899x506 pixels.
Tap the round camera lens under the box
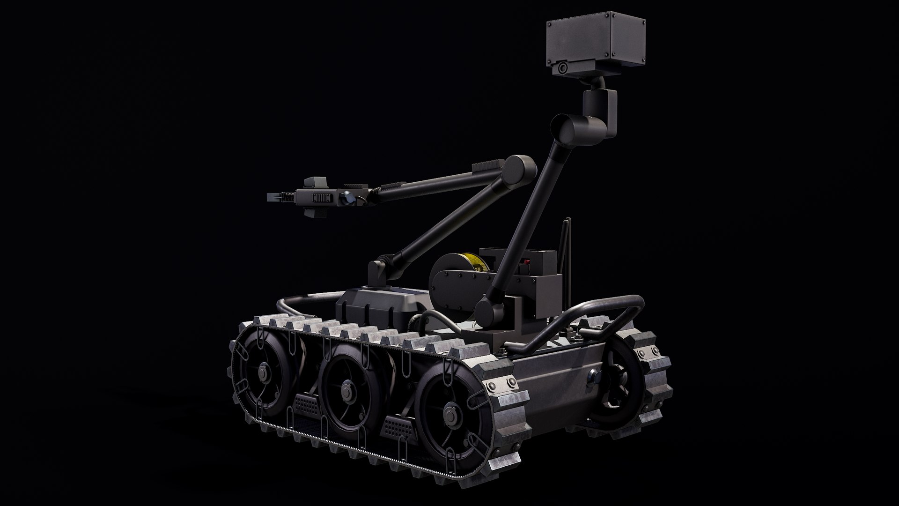pos(562,69)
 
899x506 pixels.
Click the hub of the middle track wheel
pos(347,388)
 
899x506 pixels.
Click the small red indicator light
pos(527,261)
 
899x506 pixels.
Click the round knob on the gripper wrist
pos(348,198)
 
